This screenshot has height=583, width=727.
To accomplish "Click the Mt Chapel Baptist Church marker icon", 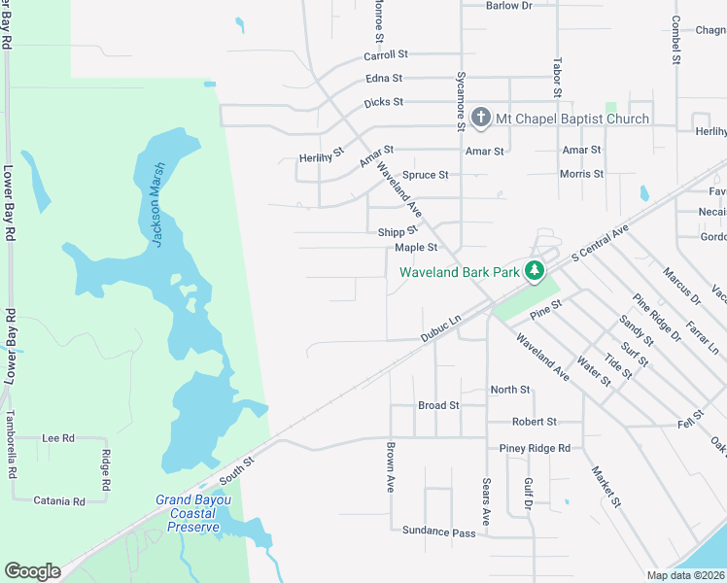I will (x=481, y=119).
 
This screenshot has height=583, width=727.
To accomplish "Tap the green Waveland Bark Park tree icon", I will (x=534, y=271).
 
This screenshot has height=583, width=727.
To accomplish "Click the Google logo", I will (x=32, y=571).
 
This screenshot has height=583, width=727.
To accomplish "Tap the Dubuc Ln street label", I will (x=439, y=326).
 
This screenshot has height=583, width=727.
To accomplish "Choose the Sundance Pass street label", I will (x=439, y=532).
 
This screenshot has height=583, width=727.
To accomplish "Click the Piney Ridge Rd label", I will (x=535, y=448).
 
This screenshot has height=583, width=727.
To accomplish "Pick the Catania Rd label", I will (x=57, y=501).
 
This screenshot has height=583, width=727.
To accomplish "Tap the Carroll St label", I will (x=386, y=55).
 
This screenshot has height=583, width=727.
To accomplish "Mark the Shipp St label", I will (x=398, y=231).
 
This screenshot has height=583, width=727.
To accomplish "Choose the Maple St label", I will (x=417, y=248).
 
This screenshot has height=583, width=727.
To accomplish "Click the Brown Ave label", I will (x=390, y=467).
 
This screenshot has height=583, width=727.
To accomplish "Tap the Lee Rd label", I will (x=58, y=438).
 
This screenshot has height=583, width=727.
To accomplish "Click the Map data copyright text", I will (x=686, y=575).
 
